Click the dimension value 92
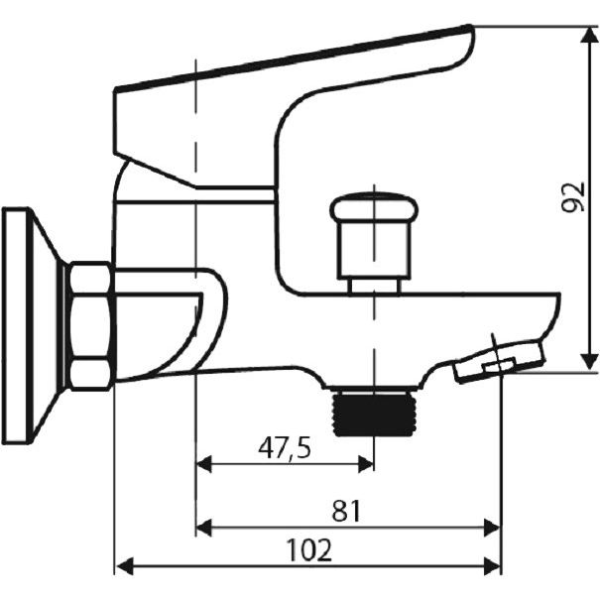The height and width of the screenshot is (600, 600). pyautogui.click(x=573, y=197)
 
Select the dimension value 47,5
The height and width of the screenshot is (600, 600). pyautogui.click(x=285, y=448)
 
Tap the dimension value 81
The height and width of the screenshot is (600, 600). pyautogui.click(x=346, y=511)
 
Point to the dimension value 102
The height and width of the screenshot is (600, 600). pyautogui.click(x=309, y=550)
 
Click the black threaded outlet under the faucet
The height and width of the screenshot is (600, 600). pyautogui.click(x=374, y=415)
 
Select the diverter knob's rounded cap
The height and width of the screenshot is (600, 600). pyautogui.click(x=374, y=208)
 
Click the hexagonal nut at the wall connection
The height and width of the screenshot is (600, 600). pyautogui.click(x=91, y=326)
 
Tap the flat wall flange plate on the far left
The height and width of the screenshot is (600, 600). pyautogui.click(x=16, y=326)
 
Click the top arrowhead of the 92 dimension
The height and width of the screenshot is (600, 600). pyautogui.click(x=588, y=35)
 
